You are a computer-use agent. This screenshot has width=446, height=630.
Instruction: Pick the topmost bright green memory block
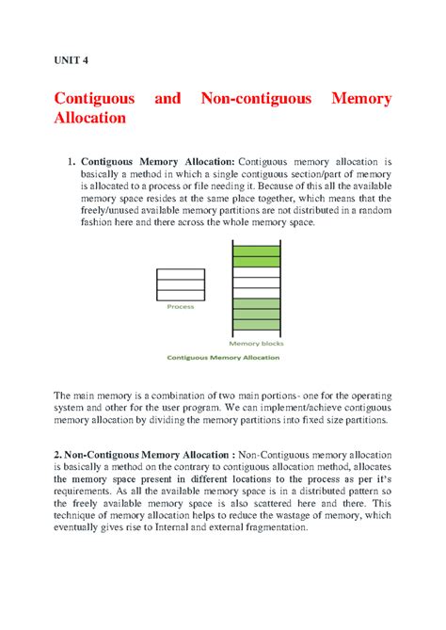point(255,251)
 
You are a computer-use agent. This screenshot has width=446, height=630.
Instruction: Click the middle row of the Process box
point(180,283)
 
